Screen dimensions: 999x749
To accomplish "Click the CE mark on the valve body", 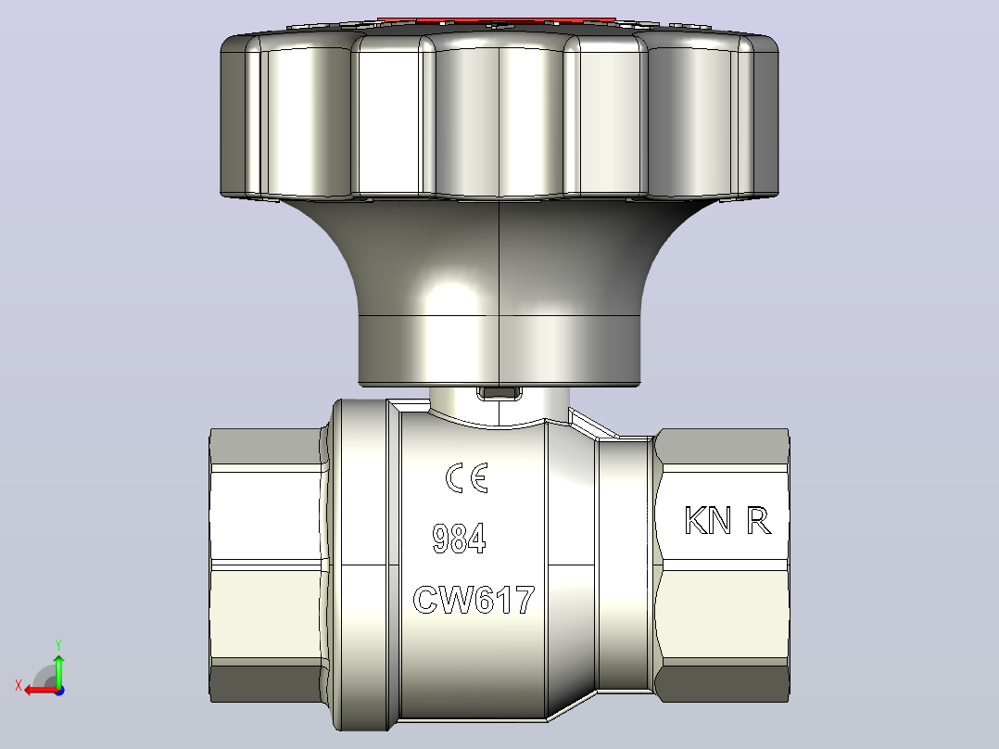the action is [467, 478].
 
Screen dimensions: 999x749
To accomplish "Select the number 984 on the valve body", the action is [459, 539].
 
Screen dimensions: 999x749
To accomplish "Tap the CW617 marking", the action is [474, 600].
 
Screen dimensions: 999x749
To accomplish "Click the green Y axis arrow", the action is [58, 669].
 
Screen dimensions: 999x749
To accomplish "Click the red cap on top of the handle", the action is [497, 21].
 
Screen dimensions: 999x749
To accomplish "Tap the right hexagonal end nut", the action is [723, 565].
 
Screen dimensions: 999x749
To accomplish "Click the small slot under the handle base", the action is [499, 393].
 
